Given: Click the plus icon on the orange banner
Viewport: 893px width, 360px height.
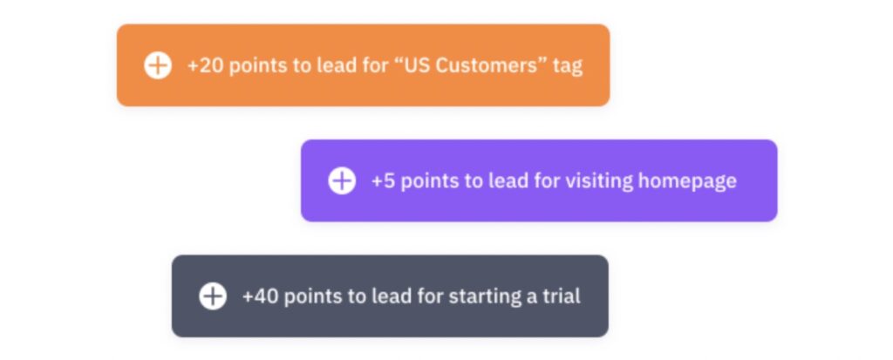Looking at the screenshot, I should coord(158,65).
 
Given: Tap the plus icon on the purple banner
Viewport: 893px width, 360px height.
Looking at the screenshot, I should coord(342,180).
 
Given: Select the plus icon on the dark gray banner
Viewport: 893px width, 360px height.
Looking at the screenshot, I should coord(213,296).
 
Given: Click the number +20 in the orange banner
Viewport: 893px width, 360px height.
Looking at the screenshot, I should coord(205,65).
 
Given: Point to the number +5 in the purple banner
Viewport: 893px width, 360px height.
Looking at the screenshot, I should coord(383,180).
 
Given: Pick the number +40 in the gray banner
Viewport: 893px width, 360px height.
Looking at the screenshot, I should coord(261,296).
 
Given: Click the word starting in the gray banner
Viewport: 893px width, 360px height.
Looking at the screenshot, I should coord(482,296).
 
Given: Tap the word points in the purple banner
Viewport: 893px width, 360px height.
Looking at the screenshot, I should coord(427,181).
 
